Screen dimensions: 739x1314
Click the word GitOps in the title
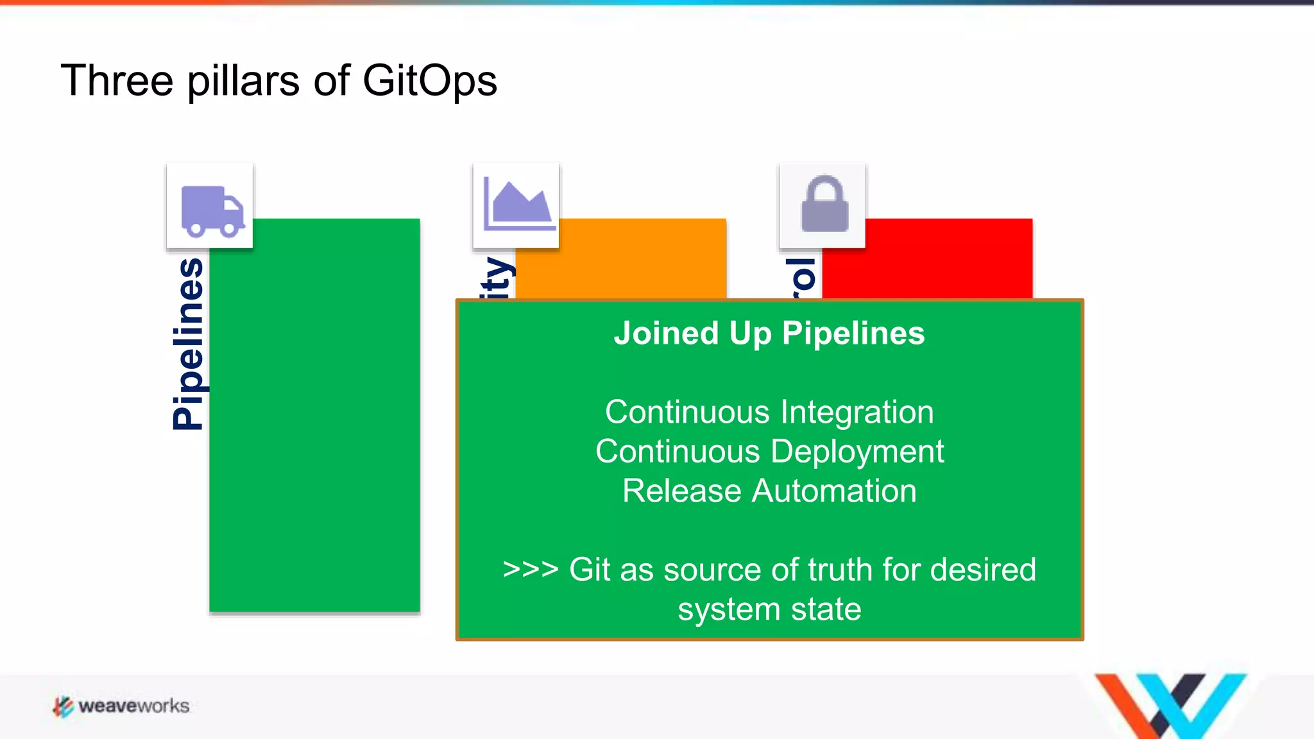pyautogui.click(x=429, y=81)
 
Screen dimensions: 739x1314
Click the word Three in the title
pyautogui.click(x=117, y=81)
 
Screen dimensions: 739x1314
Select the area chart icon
pyautogui.click(x=517, y=205)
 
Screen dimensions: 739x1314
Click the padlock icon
pyautogui.click(x=824, y=205)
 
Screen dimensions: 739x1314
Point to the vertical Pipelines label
pyautogui.click(x=188, y=343)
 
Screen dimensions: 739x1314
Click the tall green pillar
pyautogui.click(x=314, y=417)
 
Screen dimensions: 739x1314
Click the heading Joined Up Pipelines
pyautogui.click(x=769, y=334)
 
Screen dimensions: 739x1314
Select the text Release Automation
pyautogui.click(x=769, y=491)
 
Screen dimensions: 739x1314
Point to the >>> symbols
pyautogui.click(x=530, y=569)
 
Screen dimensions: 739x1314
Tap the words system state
pyautogui.click(x=769, y=609)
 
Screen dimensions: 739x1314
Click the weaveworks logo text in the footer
pyautogui.click(x=133, y=706)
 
